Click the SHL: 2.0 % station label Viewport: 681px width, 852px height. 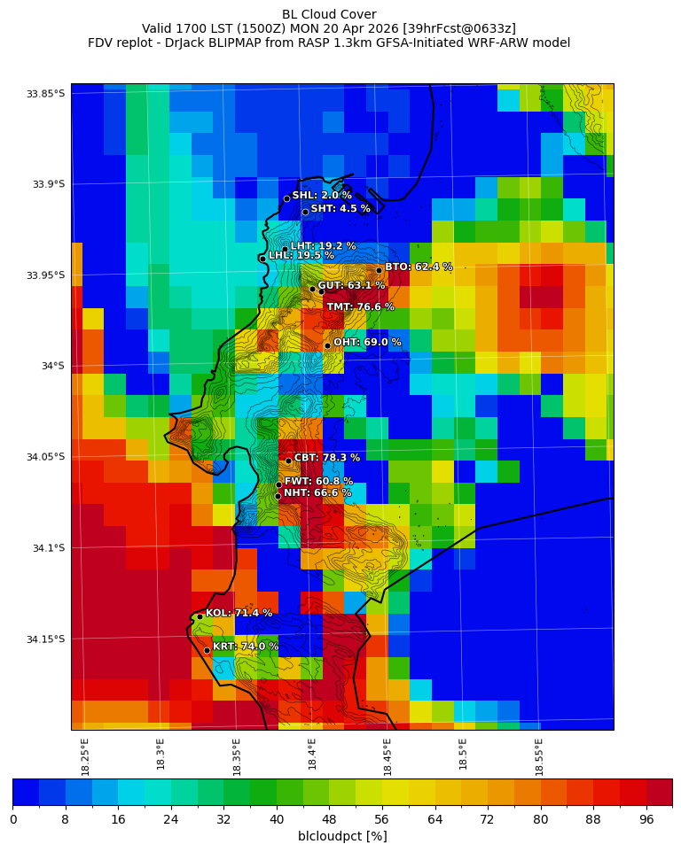322,196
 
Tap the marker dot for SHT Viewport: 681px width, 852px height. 305,212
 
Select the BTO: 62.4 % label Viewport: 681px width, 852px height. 419,267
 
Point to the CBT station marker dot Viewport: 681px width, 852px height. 288,461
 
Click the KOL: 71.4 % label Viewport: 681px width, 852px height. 239,613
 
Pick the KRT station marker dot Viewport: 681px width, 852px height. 207,650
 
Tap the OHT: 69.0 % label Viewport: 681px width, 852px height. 367,342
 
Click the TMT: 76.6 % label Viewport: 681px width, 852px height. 360,307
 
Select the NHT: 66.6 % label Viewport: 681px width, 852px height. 317,493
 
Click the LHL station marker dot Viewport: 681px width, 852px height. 262,259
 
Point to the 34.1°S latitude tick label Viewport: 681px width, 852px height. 46,548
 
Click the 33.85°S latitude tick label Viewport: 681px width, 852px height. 46,94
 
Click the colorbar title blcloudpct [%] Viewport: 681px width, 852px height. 342,836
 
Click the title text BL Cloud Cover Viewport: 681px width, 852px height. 329,14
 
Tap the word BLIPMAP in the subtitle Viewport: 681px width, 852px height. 257,43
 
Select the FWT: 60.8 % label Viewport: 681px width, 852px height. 318,482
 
